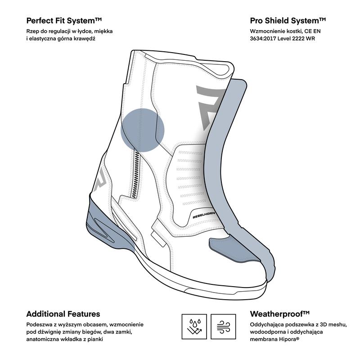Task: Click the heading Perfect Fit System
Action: click(64, 21)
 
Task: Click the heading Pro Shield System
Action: click(288, 21)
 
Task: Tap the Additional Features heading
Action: click(63, 314)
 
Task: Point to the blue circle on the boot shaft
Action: click(143, 129)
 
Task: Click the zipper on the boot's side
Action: click(135, 173)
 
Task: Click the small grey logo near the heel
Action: click(100, 178)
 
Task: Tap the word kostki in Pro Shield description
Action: click(292, 31)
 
